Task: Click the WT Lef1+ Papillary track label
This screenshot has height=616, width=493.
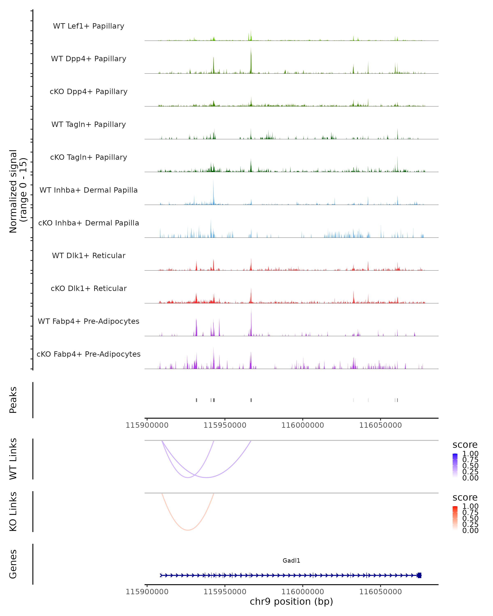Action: (x=89, y=26)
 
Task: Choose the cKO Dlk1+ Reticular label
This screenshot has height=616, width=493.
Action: (x=89, y=288)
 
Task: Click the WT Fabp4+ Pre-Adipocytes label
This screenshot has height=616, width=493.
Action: (x=89, y=321)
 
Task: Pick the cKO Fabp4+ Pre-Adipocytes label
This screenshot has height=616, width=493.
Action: (x=89, y=354)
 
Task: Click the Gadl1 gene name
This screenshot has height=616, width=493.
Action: (x=291, y=560)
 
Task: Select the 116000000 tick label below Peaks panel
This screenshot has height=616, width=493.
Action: (x=303, y=425)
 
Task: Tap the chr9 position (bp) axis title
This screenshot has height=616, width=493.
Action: (x=291, y=602)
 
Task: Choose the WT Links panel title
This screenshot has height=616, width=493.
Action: (x=13, y=459)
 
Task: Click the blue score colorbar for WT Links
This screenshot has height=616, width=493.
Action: (x=455, y=465)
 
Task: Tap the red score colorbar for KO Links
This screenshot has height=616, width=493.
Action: (x=455, y=518)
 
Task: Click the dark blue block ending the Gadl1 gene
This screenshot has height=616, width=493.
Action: (x=419, y=575)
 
